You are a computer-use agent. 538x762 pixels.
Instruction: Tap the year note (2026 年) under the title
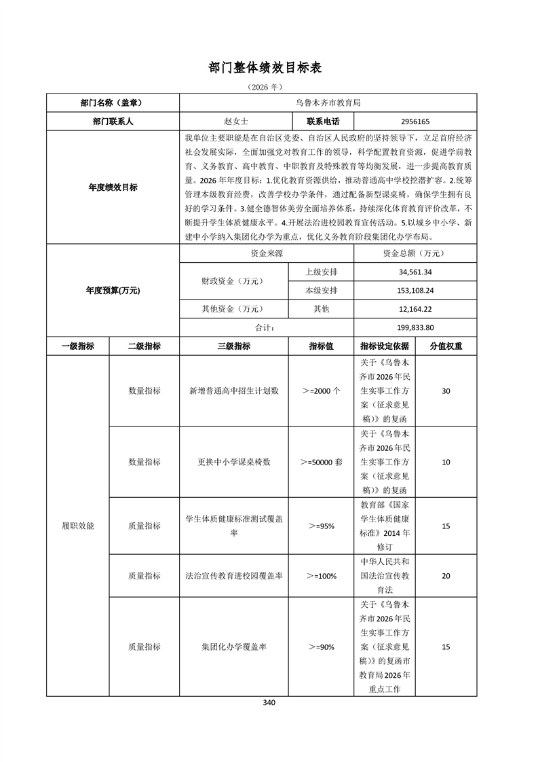pos(269,88)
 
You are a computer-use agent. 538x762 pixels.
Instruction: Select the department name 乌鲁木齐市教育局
pos(328,103)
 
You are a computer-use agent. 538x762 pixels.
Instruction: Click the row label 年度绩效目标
pos(112,187)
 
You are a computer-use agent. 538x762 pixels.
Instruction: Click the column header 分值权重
pos(446,346)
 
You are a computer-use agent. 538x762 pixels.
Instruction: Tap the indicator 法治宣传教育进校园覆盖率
pos(234,576)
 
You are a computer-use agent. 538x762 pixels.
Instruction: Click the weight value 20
pos(446,576)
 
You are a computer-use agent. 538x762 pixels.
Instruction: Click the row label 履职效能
pos(77,526)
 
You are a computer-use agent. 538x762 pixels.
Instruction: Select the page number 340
pos(269,702)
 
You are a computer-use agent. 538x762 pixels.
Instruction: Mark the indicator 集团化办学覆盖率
pos(234,647)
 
